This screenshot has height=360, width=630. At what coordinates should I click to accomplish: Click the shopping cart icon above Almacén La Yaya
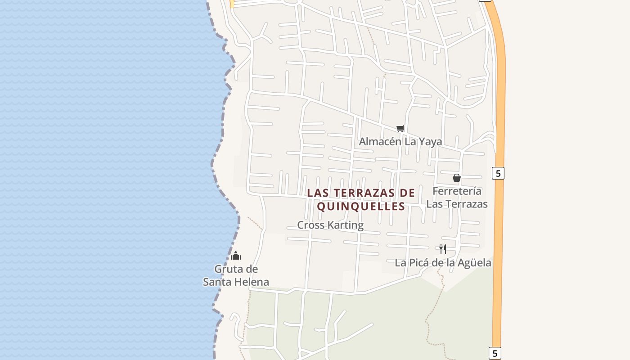click(400, 129)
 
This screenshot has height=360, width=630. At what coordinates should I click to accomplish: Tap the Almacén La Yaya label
click(400, 142)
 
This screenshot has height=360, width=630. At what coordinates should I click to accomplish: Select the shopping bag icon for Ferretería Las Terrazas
click(457, 178)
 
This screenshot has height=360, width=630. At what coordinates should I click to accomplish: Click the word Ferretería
click(457, 191)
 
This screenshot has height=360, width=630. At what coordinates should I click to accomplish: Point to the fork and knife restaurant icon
click(443, 249)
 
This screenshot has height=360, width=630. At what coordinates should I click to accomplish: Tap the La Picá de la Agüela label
click(443, 262)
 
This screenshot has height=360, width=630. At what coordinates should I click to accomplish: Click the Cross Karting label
click(330, 225)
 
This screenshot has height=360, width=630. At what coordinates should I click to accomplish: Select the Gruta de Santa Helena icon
click(236, 256)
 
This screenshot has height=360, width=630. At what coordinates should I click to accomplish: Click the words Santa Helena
click(236, 282)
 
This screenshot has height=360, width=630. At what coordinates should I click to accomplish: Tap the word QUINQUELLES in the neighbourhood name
click(361, 207)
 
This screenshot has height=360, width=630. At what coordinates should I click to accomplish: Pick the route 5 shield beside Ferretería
click(498, 173)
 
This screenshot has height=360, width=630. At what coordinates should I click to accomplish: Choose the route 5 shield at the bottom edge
click(495, 353)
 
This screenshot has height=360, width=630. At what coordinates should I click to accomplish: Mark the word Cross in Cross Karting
click(311, 225)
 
